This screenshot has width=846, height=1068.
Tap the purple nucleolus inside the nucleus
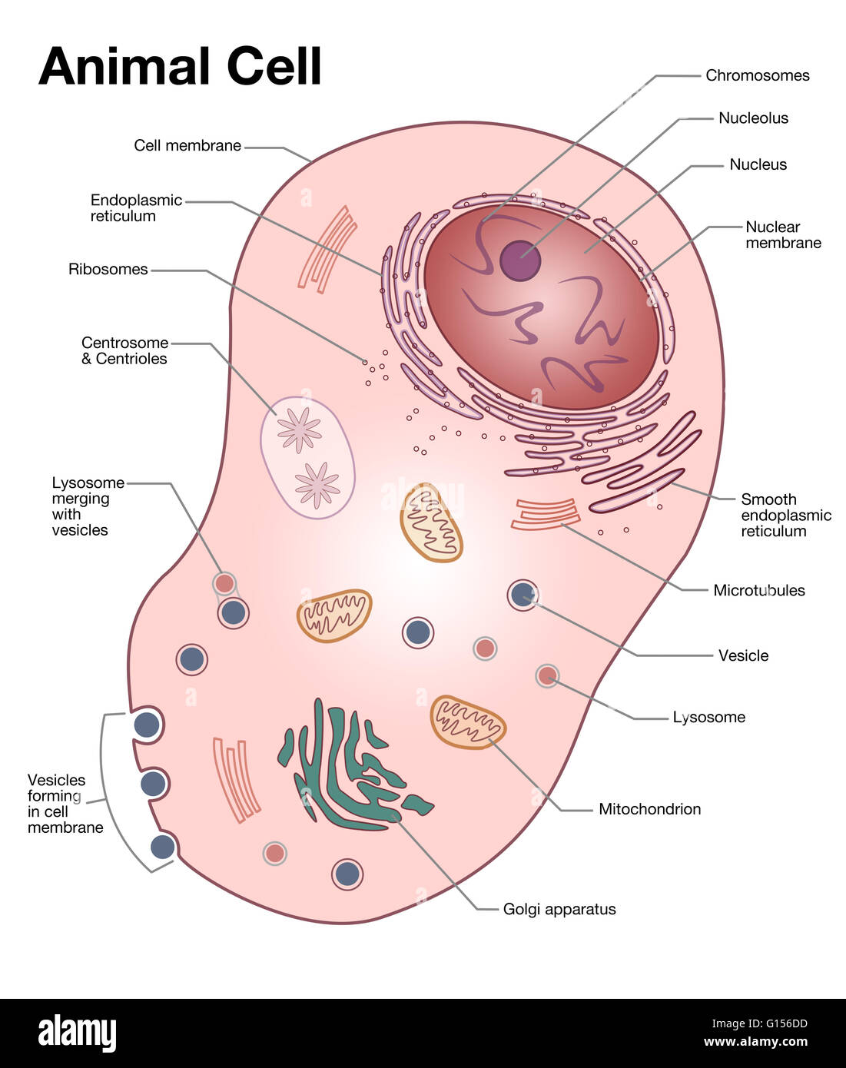pyautogui.click(x=520, y=260)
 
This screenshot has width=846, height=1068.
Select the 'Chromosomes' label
pyautogui.click(x=757, y=75)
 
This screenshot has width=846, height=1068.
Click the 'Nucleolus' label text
pyautogui.click(x=753, y=118)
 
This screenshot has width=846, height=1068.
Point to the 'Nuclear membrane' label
pyautogui.click(x=782, y=234)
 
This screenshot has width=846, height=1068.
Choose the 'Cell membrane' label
pyautogui.click(x=187, y=145)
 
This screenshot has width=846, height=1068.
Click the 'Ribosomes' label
pyautogui.click(x=108, y=269)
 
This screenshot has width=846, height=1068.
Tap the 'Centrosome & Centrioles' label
pyautogui.click(x=124, y=350)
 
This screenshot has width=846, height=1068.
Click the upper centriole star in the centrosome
pyautogui.click(x=299, y=430)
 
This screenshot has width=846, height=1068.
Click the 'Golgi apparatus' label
pyautogui.click(x=559, y=909)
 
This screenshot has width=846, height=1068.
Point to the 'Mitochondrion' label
pyautogui.click(x=649, y=808)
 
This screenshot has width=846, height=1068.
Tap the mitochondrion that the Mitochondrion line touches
pyautogui.click(x=468, y=722)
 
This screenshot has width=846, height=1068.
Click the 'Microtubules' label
pyautogui.click(x=758, y=590)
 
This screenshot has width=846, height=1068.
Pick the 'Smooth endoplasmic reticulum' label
pyautogui.click(x=785, y=515)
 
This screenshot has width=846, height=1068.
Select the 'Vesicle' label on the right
pyautogui.click(x=743, y=655)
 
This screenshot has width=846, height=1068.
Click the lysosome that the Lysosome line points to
pyautogui.click(x=547, y=676)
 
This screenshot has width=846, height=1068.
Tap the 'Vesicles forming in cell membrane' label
pyautogui.click(x=65, y=803)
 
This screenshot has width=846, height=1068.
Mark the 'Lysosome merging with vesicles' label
pyautogui.click(x=87, y=506)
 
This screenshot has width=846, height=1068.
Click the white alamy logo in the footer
pyautogui.click(x=77, y=1033)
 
